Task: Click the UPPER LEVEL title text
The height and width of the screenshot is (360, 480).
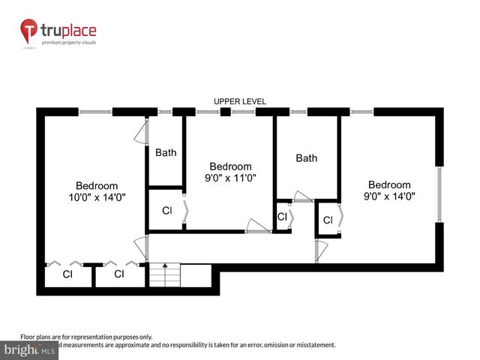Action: tap(240, 101)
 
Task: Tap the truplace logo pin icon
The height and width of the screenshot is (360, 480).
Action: tap(29, 32)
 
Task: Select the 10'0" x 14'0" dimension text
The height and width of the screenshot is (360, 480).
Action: tap(97, 198)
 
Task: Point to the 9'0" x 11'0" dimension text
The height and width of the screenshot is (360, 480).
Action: tap(230, 178)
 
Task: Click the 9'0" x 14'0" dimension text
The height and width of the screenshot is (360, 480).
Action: tap(389, 196)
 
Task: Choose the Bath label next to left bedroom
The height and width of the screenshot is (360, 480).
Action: tap(166, 153)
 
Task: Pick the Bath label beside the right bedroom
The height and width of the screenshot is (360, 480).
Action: tap(306, 158)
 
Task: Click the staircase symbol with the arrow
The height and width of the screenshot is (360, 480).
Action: tap(165, 275)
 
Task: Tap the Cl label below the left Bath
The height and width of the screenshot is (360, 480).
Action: tap(166, 211)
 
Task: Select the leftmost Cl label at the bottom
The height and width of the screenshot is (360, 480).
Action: tap(67, 274)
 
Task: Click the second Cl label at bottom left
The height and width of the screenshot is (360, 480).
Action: tap(118, 274)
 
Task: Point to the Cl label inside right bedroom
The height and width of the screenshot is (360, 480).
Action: tap(328, 220)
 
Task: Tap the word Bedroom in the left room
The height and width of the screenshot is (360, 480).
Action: tap(97, 186)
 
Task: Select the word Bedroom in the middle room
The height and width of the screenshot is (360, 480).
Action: tap(230, 166)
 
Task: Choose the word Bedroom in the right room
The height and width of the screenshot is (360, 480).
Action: tap(389, 184)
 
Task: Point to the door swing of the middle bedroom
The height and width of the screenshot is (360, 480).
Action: tap(258, 225)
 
